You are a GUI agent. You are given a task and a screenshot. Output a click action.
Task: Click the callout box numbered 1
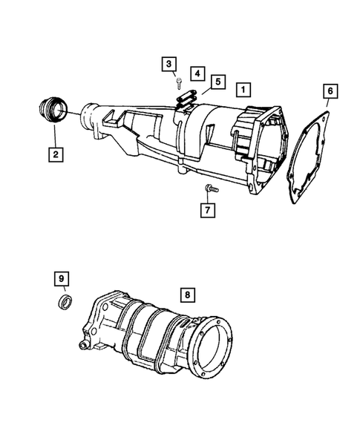click(x=243, y=89)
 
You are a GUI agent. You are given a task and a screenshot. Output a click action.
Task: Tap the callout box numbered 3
click(x=169, y=65)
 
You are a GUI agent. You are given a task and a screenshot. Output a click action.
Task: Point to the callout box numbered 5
click(x=217, y=81)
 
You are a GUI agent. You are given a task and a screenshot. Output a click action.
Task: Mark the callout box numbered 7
click(x=209, y=211)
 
